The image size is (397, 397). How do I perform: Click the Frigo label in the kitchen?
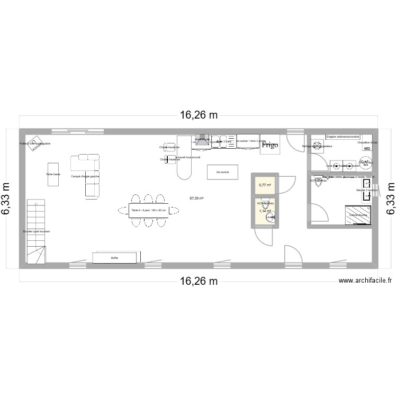point(270,145)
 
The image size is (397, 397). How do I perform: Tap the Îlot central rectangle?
point(222,172)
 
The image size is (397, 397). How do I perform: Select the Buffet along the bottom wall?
point(114,258)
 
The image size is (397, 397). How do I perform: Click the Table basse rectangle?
point(53,174)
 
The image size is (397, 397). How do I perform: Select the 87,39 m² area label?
point(196,198)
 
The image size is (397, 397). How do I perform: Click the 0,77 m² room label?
point(265,185)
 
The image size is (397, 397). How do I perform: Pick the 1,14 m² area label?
point(265,211)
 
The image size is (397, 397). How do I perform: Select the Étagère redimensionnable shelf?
point(342,137)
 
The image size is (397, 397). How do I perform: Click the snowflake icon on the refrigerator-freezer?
point(318,147)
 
